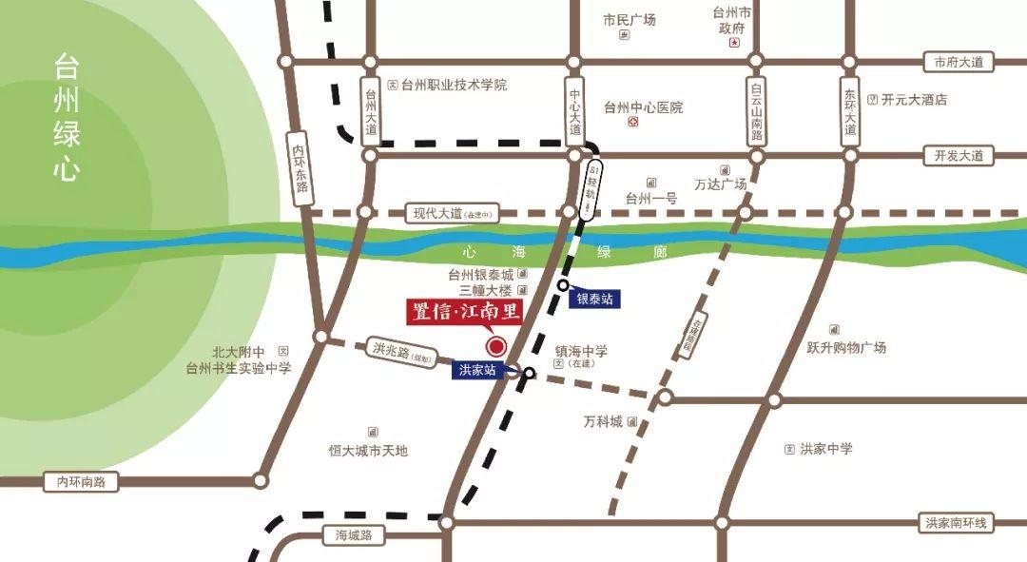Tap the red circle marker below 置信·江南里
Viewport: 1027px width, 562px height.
495,345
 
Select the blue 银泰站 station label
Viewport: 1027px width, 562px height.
595,299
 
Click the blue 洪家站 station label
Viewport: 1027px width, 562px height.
478,371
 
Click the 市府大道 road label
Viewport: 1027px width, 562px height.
958,62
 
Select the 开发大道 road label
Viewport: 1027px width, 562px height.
958,155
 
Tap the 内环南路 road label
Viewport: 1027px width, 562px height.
81,482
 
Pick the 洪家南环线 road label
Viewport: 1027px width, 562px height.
956,523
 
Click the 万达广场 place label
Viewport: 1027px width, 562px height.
720,184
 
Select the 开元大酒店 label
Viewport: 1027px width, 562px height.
913,99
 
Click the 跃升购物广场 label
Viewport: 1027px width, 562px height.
846,347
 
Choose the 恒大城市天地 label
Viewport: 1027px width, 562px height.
368,450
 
